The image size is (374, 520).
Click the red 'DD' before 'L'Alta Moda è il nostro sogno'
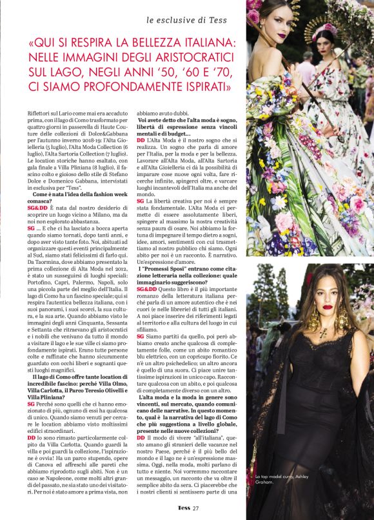pyautogui.click(x=141, y=139)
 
